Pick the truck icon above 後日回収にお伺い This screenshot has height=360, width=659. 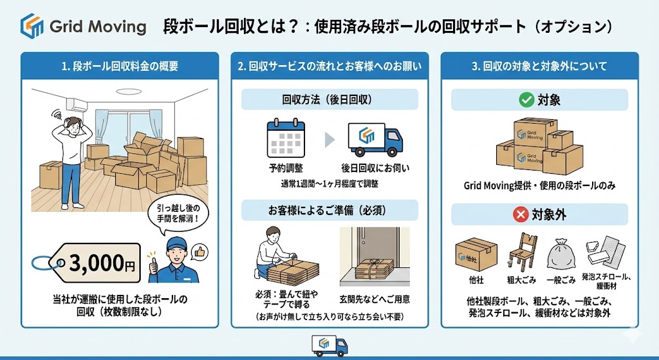click(375, 141)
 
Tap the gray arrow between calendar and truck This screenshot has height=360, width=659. click(329, 140)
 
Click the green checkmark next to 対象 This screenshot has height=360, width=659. click(525, 100)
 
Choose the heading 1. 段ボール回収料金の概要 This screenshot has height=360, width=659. click(120, 66)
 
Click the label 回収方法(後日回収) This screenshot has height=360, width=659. click(329, 100)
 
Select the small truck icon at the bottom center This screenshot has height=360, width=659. click(329, 345)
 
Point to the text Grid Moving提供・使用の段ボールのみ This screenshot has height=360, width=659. click(539, 186)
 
